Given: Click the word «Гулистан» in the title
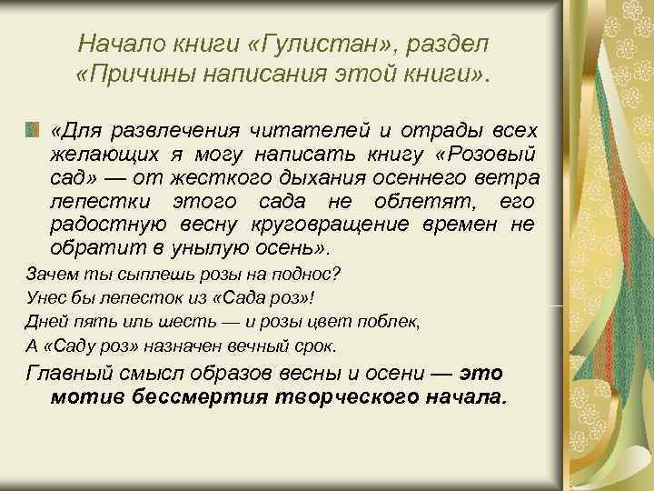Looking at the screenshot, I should [302, 43].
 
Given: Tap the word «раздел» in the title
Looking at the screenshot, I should [441, 43].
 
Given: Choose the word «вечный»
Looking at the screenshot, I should [254, 346].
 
